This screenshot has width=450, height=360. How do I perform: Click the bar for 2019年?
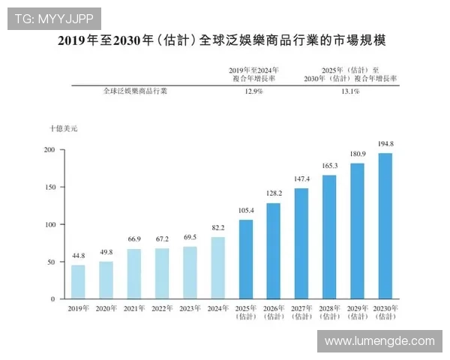click(x=78, y=282)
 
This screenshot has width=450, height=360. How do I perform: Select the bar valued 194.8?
click(x=385, y=226)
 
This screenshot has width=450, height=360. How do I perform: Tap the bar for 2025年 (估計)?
click(x=245, y=259)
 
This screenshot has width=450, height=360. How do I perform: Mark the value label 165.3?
click(x=329, y=166)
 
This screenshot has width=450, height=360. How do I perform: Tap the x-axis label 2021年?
click(x=133, y=308)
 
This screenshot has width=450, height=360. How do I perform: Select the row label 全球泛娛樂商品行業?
click(x=135, y=91)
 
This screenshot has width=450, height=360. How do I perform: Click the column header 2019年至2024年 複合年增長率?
click(x=253, y=73)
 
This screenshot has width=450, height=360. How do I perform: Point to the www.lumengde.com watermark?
click(x=379, y=341)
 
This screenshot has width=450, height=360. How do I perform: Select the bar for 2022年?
click(x=162, y=274)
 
